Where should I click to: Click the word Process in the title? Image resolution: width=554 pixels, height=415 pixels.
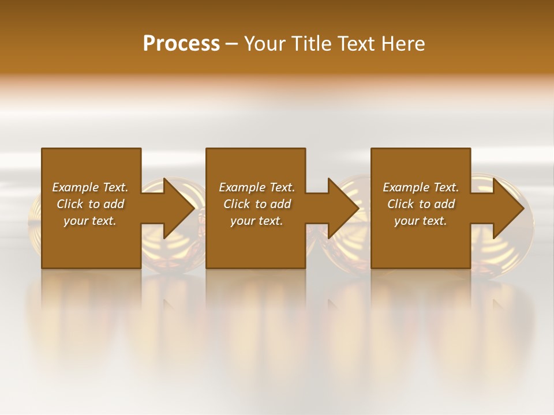coord(181,44)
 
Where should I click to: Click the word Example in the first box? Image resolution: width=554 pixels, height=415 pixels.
coord(74,187)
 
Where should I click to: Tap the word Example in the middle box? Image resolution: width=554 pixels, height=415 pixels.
coord(241,187)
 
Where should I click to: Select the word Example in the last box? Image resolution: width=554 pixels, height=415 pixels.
coord(405,187)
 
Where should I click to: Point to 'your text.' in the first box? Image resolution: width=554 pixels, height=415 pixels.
coord(90,221)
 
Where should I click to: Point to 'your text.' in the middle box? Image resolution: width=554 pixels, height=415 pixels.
coord(257,221)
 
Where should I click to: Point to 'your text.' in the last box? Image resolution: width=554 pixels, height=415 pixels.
coord(421,221)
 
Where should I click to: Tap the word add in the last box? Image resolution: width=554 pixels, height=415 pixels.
coord(445,204)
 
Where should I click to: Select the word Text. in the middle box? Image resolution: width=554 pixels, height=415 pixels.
coord(281,187)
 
